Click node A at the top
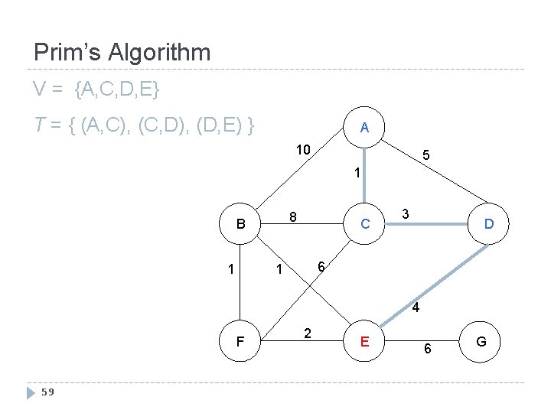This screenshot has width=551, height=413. click(365, 128)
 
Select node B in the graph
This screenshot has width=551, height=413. click(241, 224)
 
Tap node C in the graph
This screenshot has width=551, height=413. click(365, 224)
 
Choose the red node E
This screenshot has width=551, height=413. click(365, 341)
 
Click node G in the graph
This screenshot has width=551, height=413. click(481, 341)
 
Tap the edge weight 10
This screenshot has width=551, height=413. click(303, 149)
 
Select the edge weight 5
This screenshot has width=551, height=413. click(426, 156)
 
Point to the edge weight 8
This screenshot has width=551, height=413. click(293, 216)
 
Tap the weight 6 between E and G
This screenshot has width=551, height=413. click(428, 349)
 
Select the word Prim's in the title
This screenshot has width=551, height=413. click(68, 53)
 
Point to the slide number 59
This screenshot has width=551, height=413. click(47, 393)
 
